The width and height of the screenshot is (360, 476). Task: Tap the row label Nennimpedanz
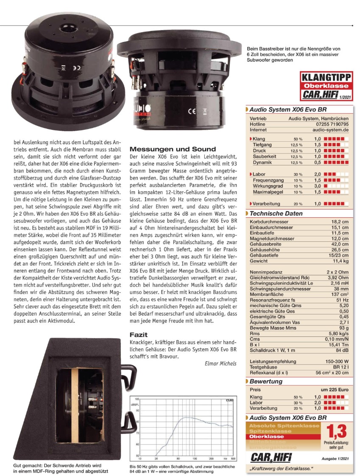coord(266,271)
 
